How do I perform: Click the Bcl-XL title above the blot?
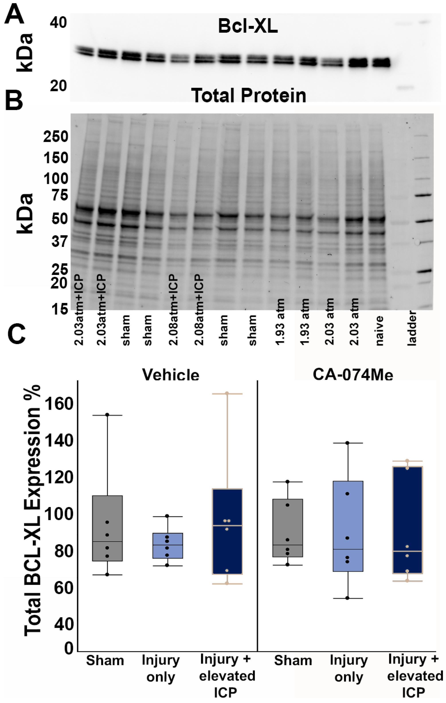[248, 27]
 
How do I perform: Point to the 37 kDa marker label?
[60, 241]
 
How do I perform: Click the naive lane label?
[379, 331]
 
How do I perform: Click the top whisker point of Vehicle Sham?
[107, 415]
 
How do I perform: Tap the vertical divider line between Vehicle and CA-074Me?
[257, 514]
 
